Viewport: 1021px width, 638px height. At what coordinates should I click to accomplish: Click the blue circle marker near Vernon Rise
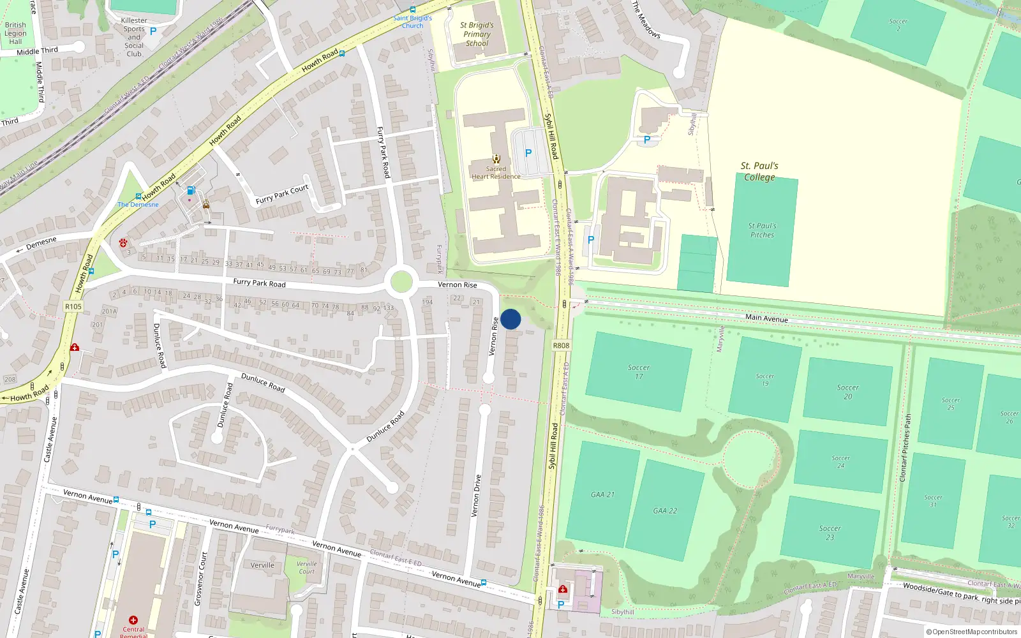(511, 319)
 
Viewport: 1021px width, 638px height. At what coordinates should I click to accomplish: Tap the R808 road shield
(561, 346)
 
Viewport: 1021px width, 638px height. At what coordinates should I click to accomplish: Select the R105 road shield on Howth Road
(73, 307)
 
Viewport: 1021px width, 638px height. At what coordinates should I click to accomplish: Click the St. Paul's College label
(759, 172)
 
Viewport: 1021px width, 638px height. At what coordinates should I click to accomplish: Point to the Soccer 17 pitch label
(639, 372)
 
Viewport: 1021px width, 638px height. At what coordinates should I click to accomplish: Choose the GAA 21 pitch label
(602, 494)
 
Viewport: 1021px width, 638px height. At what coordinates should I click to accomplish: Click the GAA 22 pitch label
(665, 510)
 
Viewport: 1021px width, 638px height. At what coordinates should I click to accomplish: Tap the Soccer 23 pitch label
(830, 533)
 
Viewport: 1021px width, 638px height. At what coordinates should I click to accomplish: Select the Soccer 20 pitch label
(847, 392)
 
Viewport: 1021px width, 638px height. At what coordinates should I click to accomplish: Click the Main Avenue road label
(766, 318)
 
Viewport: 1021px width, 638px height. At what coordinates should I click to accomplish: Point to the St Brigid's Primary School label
(477, 34)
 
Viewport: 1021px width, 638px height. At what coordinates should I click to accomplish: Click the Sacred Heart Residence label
(496, 172)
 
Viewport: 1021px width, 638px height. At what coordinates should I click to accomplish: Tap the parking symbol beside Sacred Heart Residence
(528, 153)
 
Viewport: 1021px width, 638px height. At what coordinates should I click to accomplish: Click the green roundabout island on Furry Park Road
(401, 282)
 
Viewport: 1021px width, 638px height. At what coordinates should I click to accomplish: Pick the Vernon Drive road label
(476, 496)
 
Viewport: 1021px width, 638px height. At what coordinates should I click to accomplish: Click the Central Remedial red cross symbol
(133, 620)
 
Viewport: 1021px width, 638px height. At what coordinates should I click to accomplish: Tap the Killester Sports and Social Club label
(134, 37)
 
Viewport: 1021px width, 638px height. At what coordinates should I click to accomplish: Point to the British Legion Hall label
(15, 33)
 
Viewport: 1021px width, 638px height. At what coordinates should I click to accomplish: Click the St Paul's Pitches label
(762, 230)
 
